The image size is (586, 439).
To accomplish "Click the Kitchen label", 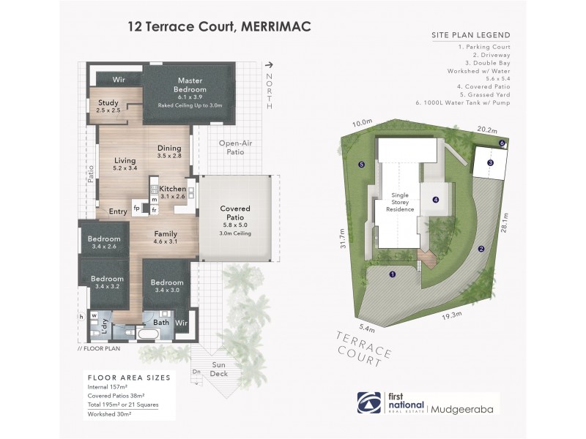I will tap(173, 189).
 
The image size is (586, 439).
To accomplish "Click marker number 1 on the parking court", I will tap(393, 275).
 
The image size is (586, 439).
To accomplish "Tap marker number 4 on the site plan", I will tap(434, 199).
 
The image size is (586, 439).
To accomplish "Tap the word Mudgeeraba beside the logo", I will tap(464, 403).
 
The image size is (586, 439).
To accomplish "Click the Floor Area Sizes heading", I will tap(129, 378).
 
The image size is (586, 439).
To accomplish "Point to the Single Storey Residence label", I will tap(401, 202).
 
